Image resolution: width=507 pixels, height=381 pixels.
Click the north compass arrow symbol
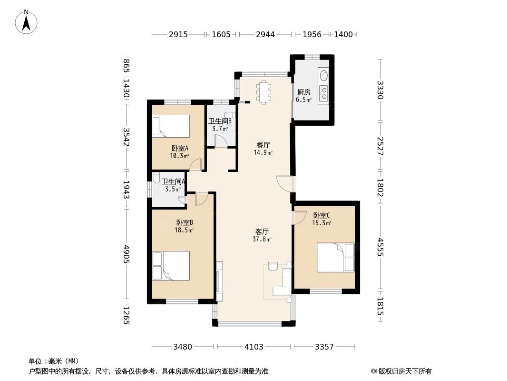(x=26, y=22)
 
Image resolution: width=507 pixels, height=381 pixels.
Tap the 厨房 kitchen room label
(x=303, y=92)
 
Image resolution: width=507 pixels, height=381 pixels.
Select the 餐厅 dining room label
(x=263, y=145)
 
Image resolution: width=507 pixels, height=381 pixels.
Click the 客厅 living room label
(x=262, y=232)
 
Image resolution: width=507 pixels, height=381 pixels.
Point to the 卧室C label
(x=322, y=215)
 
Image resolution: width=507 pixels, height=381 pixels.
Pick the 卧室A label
(x=180, y=148)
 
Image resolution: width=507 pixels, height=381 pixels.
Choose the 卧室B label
(x=185, y=223)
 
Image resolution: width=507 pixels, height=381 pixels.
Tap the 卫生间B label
(x=220, y=121)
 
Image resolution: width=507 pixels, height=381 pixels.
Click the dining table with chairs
(x=263, y=92)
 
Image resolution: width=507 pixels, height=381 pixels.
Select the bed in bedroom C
(x=336, y=258)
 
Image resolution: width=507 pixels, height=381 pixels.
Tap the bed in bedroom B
(x=171, y=266)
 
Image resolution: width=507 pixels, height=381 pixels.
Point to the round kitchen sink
(x=323, y=75)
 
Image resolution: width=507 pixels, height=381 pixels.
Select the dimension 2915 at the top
(x=178, y=34)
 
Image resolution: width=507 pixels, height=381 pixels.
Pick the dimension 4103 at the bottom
(x=254, y=347)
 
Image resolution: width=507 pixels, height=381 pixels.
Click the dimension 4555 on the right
(x=380, y=247)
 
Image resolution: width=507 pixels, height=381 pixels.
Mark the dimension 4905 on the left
(x=127, y=254)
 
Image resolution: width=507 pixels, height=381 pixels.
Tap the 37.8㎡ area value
(x=262, y=240)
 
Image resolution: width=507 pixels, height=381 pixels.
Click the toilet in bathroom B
(x=230, y=115)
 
